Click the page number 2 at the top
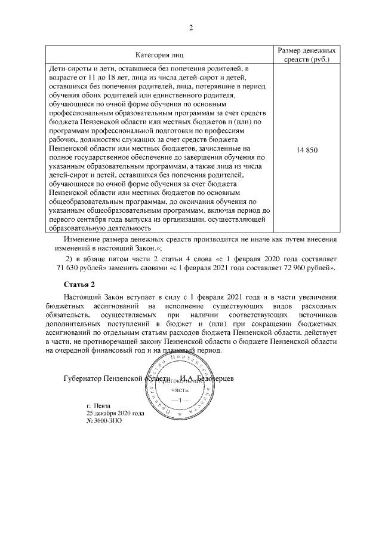pos(191,28)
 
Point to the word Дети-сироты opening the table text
pos(67,69)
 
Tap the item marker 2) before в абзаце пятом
pos(67,258)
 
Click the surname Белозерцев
pos(217,379)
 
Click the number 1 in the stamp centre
pos(179,399)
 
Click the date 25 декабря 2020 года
pos(115,413)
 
